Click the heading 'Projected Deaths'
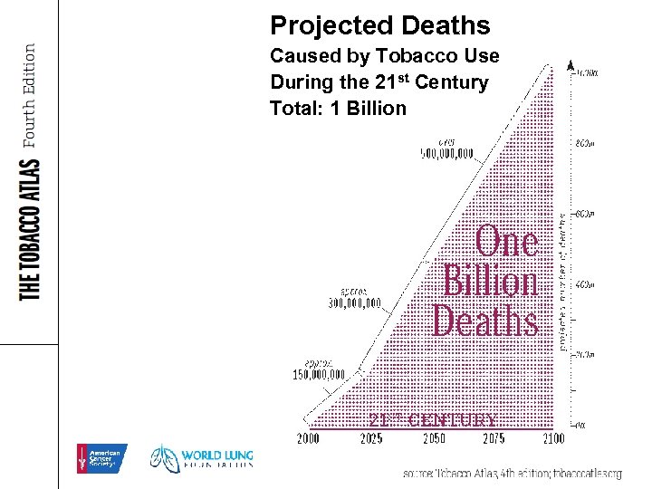(x=379, y=25)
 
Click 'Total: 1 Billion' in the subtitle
(x=338, y=109)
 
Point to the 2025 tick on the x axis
(x=371, y=439)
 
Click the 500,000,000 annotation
(x=446, y=153)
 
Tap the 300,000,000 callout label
(x=354, y=302)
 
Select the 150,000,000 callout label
(x=319, y=374)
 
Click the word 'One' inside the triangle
(x=507, y=243)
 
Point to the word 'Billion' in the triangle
(x=490, y=282)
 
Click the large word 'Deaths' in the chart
(x=484, y=321)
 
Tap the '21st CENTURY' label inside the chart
(x=432, y=420)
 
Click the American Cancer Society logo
(x=101, y=459)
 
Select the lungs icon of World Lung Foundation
(x=164, y=458)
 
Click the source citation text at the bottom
(x=513, y=474)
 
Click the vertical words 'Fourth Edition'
(x=29, y=95)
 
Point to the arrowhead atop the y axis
(x=570, y=65)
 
